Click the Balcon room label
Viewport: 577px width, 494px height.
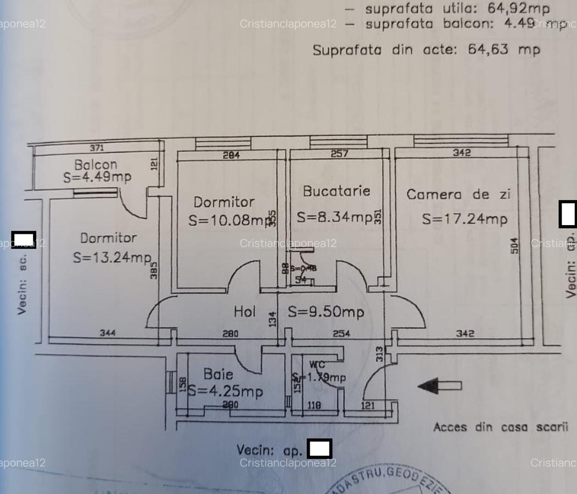pos(96,164)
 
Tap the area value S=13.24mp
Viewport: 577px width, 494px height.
pos(112,257)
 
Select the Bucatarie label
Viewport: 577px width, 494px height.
pos(337,191)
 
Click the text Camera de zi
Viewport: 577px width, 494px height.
pos(458,194)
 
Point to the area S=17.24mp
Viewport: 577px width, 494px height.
pos(464,219)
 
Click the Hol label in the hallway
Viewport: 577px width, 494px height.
pos(245,312)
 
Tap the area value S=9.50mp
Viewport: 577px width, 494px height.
pos(326,312)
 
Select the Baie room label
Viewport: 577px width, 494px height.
pos(218,374)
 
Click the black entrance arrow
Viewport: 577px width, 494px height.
pos(439,386)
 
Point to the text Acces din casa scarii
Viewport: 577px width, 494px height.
pos(500,427)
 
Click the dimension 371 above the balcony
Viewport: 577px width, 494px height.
pos(97,148)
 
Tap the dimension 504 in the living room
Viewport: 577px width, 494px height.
pos(514,245)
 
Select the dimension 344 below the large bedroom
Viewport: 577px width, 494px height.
pos(107,333)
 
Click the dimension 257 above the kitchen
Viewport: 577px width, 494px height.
pos(339,154)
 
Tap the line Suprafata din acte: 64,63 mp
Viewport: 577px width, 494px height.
pos(426,50)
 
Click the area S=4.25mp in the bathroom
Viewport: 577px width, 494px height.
pos(225,391)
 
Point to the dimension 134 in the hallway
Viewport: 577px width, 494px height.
pos(272,318)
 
